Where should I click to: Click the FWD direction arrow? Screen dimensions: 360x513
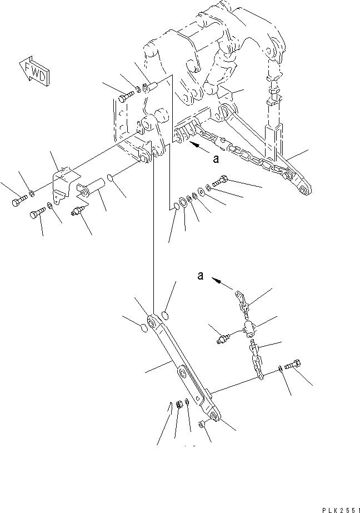tap(34, 71)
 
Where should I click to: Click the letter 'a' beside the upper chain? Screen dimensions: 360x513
tap(216, 159)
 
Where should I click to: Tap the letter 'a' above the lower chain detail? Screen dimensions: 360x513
tap(201, 276)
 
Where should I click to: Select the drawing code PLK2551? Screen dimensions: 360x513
tap(340, 510)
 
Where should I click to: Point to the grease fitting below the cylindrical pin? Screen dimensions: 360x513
tap(78, 211)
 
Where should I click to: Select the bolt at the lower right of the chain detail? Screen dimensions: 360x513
tap(293, 365)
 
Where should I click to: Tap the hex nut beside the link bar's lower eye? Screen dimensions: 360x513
tap(202, 424)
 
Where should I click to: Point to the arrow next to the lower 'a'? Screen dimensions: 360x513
tap(222, 283)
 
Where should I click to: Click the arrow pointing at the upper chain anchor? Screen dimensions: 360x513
tap(200, 147)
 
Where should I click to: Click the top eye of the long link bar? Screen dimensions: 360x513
tap(152, 322)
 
